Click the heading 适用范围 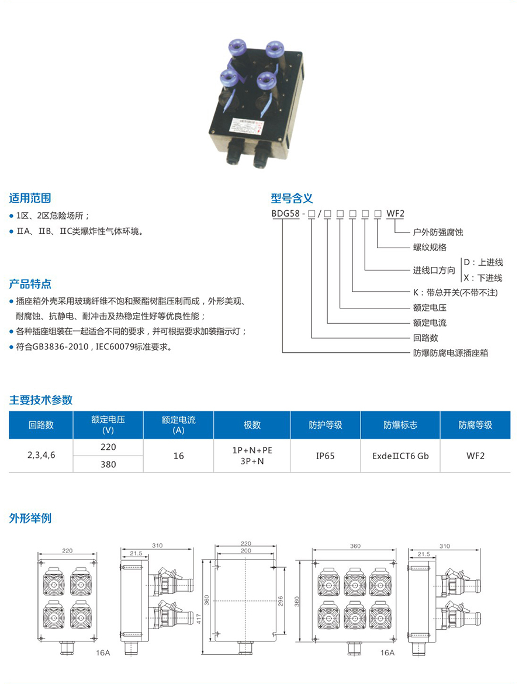tap(30, 198)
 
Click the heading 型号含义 tap(292, 198)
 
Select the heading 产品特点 tap(30, 284)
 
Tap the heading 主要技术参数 tap(40, 400)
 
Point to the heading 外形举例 tap(30, 518)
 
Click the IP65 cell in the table tap(325, 456)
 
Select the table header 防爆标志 tap(400, 425)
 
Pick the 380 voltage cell tap(108, 464)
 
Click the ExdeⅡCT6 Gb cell tap(400, 456)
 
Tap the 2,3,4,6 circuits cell tap(41, 456)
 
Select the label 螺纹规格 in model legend tap(430, 247)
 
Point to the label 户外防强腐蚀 tap(438, 232)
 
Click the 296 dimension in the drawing tap(281, 602)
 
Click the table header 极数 tap(252, 425)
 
